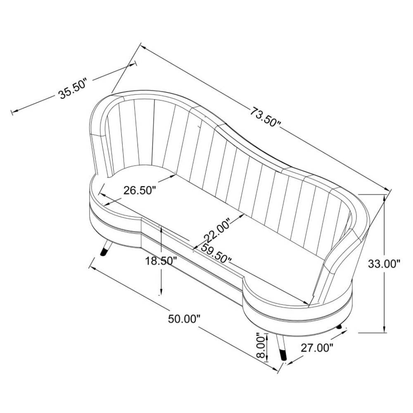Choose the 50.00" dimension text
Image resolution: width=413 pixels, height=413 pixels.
pyautogui.click(x=184, y=319)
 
